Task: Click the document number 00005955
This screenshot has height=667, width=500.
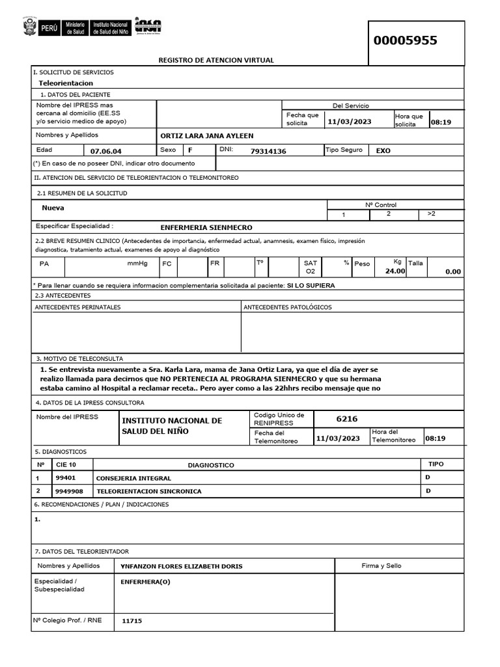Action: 405,41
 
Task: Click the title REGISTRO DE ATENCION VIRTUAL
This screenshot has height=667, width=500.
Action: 216,61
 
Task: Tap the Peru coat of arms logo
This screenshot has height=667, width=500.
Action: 30,27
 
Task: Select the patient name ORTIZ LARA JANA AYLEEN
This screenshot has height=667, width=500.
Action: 206,135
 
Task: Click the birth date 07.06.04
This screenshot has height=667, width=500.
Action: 105,151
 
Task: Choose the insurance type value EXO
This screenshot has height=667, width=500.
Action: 383,150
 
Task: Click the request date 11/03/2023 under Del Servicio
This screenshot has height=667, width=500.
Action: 350,122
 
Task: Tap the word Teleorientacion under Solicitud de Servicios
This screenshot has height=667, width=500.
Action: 66,83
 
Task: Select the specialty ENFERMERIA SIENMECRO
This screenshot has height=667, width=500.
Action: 206,228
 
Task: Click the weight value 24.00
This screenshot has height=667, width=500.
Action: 395,271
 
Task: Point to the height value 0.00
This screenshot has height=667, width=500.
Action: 452,272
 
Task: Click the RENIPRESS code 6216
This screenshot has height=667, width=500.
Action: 346,419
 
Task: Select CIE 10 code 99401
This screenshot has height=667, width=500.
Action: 66,478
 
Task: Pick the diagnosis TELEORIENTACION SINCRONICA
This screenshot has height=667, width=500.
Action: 148,491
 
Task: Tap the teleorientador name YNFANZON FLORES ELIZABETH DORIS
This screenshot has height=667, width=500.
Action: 181,567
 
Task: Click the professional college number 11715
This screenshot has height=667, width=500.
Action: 132,621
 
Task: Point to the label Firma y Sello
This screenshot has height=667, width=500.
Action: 382,566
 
